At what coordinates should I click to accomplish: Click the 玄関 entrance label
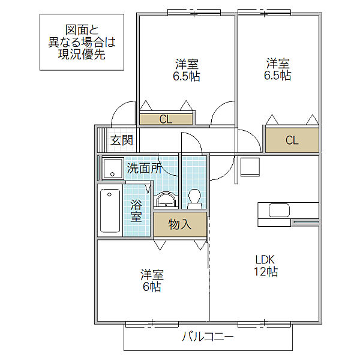(121, 140)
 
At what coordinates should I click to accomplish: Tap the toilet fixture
(194, 199)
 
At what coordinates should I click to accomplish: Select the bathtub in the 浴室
(110, 211)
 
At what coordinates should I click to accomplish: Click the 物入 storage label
(180, 224)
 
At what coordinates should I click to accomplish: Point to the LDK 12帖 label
(266, 266)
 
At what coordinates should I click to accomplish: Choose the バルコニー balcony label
(208, 337)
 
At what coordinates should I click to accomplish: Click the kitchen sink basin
(279, 210)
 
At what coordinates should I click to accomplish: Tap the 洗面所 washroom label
(145, 168)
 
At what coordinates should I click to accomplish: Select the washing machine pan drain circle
(112, 174)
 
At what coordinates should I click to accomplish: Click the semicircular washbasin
(166, 199)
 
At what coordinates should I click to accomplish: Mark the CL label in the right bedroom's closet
(292, 140)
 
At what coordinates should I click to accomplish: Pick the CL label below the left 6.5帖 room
(166, 119)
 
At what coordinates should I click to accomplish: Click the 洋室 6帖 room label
(152, 280)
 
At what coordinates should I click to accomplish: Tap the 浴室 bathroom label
(136, 211)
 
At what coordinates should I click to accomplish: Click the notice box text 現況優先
(82, 55)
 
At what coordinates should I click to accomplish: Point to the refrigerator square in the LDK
(250, 167)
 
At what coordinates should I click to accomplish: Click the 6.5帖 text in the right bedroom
(277, 76)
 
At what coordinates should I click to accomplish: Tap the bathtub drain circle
(109, 194)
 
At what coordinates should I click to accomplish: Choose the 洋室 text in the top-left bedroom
(187, 64)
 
